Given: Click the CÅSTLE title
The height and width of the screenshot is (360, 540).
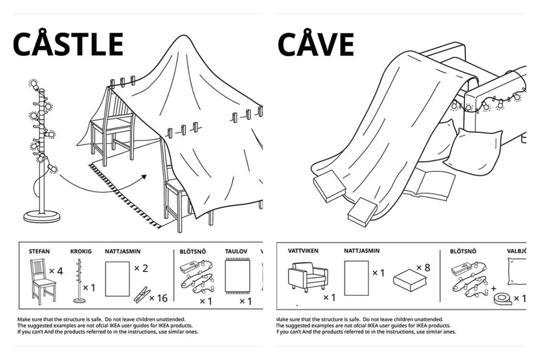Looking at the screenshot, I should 68,44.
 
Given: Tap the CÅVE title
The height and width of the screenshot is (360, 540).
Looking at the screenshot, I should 315,44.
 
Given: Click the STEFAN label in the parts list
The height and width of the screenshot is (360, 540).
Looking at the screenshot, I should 39,252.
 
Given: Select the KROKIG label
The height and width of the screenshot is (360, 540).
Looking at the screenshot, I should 81,252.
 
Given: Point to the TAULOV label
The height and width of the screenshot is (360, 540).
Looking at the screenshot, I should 237,252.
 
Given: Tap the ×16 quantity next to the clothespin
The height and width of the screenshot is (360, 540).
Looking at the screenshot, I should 158,298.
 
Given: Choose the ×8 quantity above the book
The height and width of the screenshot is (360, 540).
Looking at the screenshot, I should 423,268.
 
